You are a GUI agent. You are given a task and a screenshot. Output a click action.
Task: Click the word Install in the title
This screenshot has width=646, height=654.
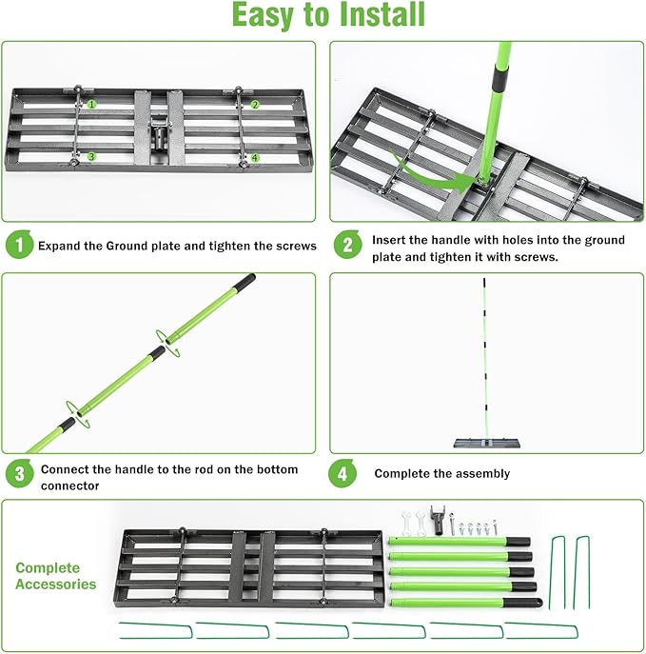371,16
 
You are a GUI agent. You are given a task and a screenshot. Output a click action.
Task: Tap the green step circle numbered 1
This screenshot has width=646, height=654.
18,245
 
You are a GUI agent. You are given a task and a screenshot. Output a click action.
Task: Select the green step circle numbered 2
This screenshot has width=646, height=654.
348,246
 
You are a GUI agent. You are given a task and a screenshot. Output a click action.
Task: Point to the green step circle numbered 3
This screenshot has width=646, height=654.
18,474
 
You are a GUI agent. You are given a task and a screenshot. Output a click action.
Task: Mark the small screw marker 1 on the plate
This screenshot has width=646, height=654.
92,103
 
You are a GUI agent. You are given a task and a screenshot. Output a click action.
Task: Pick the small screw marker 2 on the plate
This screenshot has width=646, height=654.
255,105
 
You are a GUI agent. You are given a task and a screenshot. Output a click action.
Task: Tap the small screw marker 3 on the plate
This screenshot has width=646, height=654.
91,156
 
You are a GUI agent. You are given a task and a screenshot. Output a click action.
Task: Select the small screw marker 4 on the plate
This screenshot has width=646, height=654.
254,157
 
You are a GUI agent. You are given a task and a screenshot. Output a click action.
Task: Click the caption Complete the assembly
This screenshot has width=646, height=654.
441,473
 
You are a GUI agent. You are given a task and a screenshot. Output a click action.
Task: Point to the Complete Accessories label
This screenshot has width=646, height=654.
55,575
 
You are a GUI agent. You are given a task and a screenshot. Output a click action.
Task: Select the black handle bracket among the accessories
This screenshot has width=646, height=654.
438,520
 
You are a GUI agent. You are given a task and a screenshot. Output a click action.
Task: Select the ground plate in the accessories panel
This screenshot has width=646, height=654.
252,569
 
